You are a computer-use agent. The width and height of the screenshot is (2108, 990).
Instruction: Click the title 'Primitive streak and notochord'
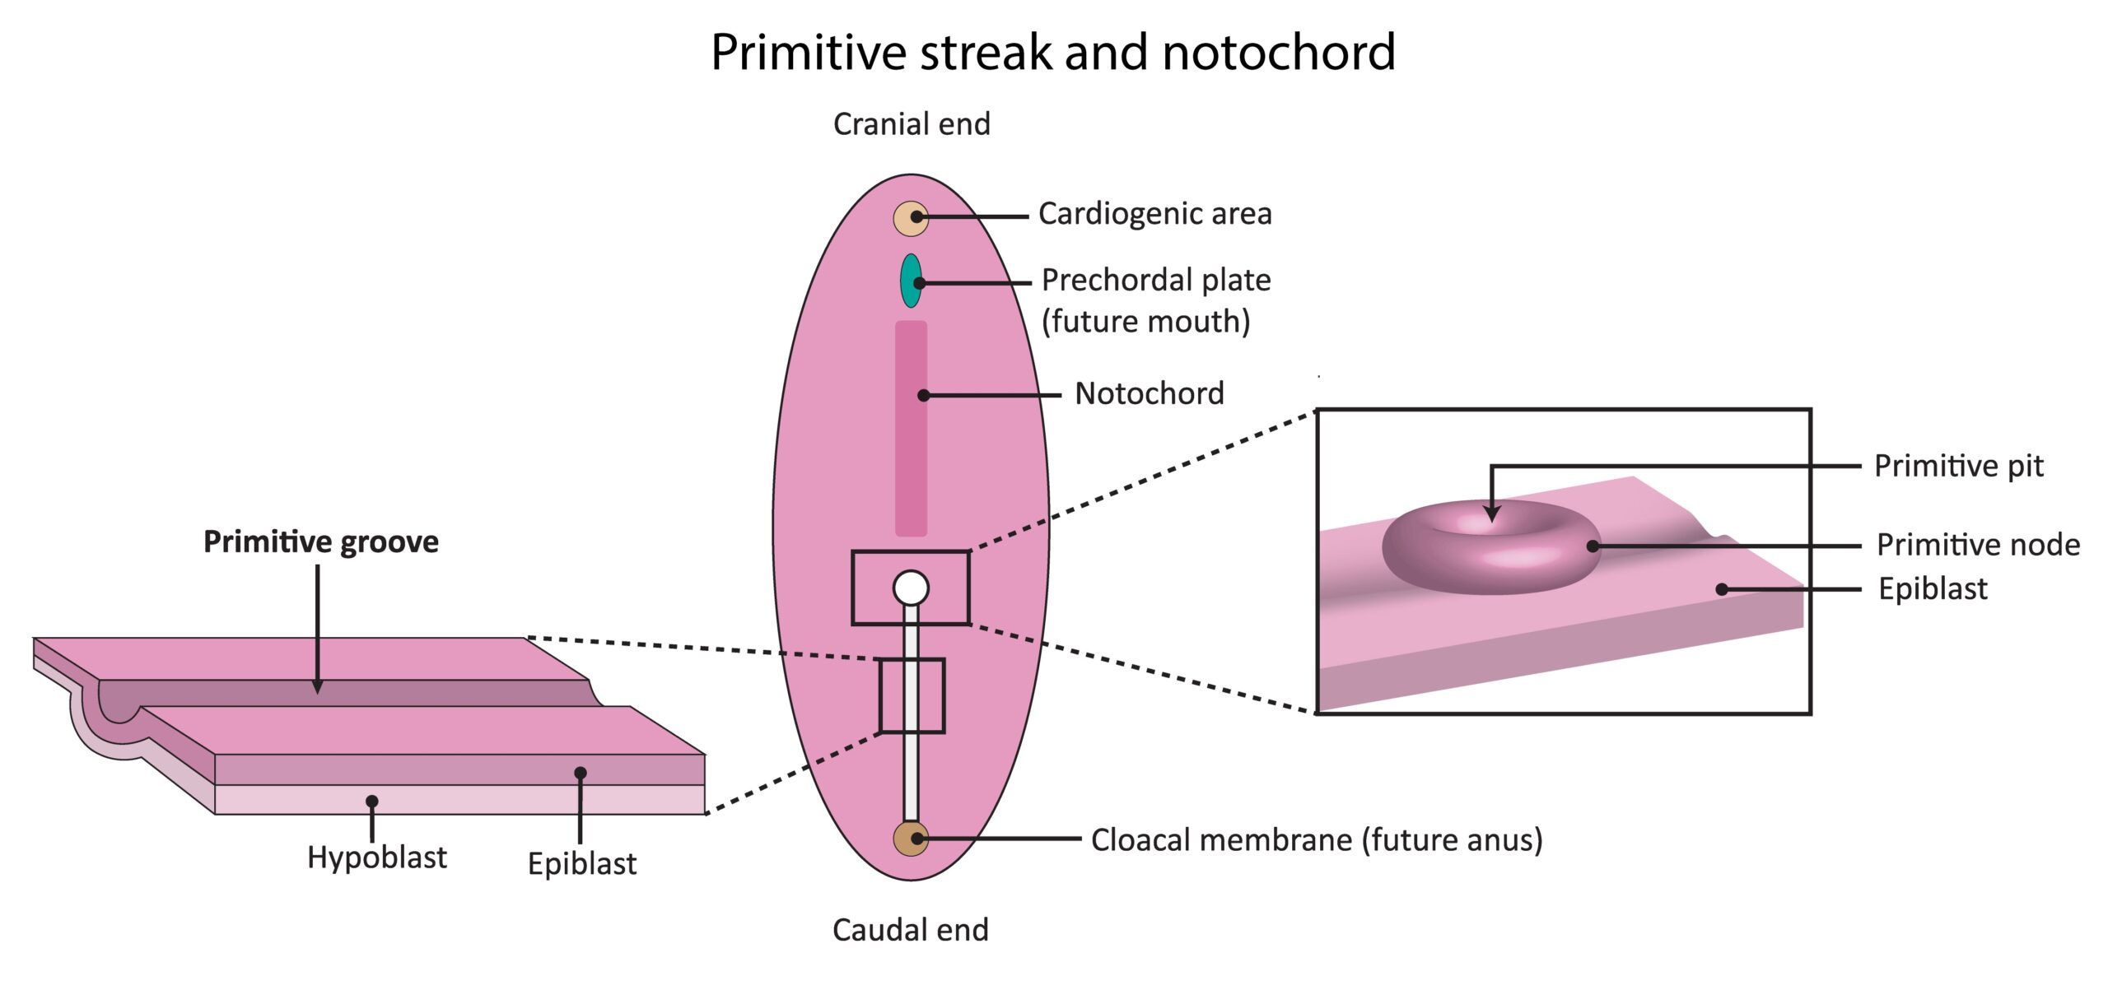(x=1053, y=53)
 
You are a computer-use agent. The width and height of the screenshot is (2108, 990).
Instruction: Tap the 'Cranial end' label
(x=912, y=124)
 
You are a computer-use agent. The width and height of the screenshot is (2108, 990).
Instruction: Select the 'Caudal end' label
(x=911, y=930)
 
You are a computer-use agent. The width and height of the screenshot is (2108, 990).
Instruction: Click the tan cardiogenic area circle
(x=911, y=218)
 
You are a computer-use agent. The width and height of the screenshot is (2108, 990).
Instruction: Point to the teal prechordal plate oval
(x=911, y=281)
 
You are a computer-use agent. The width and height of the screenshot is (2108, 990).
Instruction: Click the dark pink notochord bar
(x=911, y=428)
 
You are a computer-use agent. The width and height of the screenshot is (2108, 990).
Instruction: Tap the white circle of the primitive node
(x=911, y=588)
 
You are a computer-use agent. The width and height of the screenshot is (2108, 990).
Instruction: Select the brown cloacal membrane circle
(x=911, y=839)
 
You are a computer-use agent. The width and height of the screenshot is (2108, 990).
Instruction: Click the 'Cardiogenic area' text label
(x=1155, y=214)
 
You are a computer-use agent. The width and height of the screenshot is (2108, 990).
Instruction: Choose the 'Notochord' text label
(x=1150, y=393)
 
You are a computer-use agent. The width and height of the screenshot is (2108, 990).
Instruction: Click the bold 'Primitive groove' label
(x=321, y=542)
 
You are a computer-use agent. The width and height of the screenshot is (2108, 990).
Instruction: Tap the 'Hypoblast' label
(x=377, y=858)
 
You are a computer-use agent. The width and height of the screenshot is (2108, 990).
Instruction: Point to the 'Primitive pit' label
(x=1959, y=467)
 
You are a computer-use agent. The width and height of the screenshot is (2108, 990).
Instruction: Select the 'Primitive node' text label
(x=1978, y=545)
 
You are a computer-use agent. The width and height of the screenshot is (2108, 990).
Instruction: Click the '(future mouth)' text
(x=1146, y=322)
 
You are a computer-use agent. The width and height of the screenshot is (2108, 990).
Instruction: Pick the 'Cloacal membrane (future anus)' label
(x=1317, y=840)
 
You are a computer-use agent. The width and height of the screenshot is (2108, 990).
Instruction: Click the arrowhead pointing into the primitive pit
(x=1491, y=514)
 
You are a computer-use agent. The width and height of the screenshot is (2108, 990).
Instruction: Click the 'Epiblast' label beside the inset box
(x=1933, y=589)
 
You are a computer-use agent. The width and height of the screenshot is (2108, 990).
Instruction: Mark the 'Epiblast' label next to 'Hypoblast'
(x=582, y=864)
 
